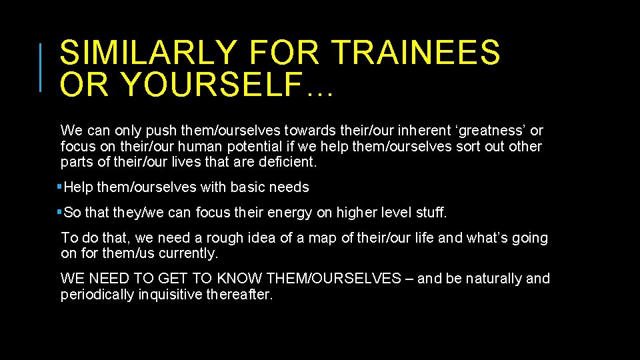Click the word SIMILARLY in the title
coord(148,53)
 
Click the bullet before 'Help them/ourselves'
coord(60,187)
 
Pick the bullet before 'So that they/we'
coord(60,213)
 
